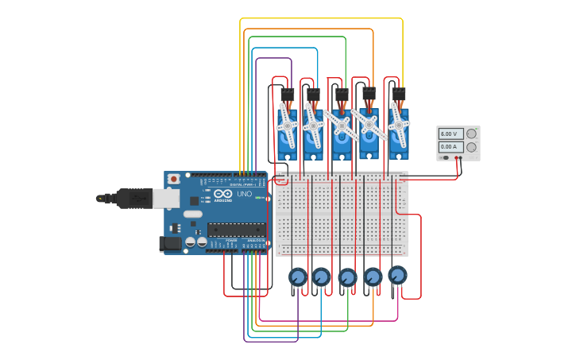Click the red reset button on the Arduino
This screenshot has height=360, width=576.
coord(173,180)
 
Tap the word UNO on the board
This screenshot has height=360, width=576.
coord(244,194)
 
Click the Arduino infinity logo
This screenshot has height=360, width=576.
coord(223,194)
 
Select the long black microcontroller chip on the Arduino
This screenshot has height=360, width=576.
coord(237,230)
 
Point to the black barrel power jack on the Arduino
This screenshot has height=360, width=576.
coord(170,244)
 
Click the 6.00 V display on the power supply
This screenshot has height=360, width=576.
coord(450,134)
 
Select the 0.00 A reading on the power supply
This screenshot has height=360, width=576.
coord(450,147)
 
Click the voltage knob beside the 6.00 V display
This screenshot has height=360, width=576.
coord(472,134)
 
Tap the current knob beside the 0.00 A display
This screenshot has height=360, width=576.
coord(472,147)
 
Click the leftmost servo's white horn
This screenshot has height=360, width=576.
coord(287,126)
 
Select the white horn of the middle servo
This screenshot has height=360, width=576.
coord(342,126)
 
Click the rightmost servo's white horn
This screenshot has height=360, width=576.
coord(398,125)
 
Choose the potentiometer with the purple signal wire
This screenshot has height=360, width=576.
coord(297,277)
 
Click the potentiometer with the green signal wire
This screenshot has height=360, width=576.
coord(347,277)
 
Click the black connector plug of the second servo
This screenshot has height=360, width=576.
coord(313,95)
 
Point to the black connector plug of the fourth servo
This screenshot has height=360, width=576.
coord(369,95)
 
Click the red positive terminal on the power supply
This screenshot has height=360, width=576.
coord(461,158)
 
